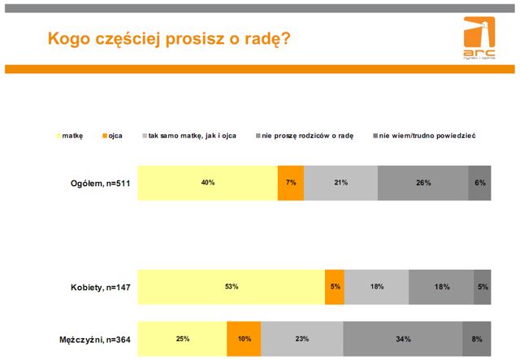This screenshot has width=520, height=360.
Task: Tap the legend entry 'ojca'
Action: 115,135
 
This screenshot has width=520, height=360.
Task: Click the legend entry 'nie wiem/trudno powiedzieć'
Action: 427,135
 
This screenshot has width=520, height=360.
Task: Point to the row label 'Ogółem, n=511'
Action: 101,183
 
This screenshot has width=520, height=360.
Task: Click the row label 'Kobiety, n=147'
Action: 101,287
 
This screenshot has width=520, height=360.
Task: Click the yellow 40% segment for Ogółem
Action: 208,183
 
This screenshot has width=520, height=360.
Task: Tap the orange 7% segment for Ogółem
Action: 290,183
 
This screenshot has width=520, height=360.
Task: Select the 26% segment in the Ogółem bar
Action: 422,183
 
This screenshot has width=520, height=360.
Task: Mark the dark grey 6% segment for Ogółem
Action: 479,183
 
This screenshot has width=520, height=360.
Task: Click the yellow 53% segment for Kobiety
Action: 231,287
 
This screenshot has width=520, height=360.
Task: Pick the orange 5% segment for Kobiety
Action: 334,287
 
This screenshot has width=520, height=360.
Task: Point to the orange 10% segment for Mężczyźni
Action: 244,339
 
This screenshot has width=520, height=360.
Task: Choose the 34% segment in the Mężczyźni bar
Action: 402,339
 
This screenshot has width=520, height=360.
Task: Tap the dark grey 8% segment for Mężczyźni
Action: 476,339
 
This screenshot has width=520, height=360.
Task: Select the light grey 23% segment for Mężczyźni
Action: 302,339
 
